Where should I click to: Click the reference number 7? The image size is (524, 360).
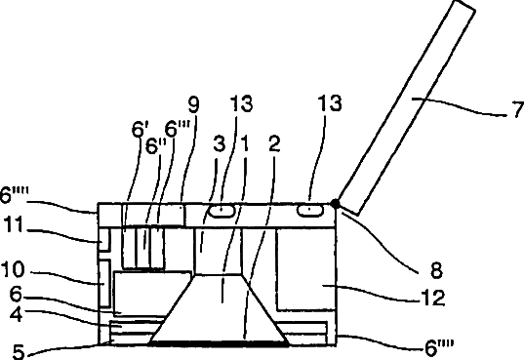point(518,109)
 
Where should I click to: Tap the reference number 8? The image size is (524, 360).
point(436,270)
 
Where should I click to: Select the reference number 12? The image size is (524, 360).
point(433,298)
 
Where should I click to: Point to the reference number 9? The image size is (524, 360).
point(193,104)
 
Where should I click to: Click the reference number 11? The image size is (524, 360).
point(14,224)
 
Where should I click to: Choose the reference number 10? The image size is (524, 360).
point(13,269)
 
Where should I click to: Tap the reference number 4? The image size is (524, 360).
point(17,314)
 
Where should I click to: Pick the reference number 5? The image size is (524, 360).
point(19,352)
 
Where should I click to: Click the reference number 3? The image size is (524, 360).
point(219,143)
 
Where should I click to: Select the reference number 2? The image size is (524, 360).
point(274,144)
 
